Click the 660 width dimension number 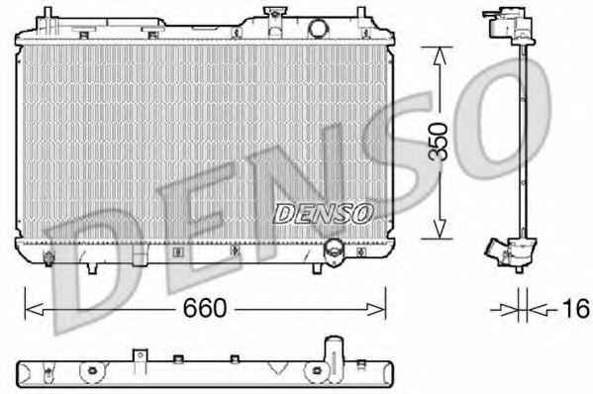coord(205,308)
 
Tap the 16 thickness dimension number coord(576,308)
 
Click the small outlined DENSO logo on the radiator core coord(323,214)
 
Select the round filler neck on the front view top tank coord(318,29)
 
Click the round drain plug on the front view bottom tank coord(334,252)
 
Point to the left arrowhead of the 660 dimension coord(35,309)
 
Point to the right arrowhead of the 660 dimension coord(376,309)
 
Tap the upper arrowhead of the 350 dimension coord(439,56)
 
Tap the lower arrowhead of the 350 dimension coord(439,229)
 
